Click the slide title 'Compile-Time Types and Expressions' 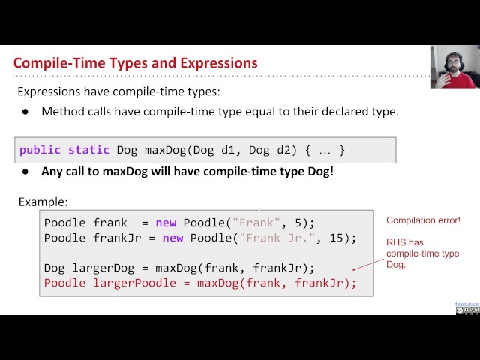135,63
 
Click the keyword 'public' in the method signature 40,150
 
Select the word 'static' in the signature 88,150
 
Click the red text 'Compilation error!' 423,220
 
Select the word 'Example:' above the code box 43,202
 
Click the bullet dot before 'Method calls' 25,112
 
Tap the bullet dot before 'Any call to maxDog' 25,171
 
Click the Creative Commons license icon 467,310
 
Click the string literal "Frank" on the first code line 257,223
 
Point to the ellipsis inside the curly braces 324,150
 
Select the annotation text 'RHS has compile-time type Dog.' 422,253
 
